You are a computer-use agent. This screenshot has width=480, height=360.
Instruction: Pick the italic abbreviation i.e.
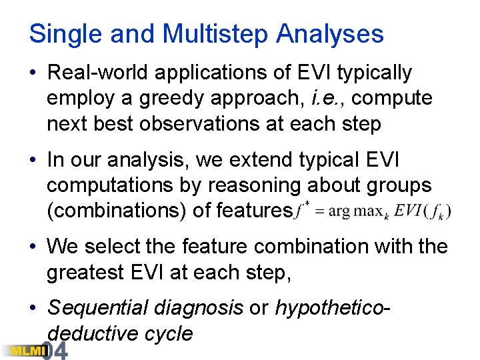(329, 99)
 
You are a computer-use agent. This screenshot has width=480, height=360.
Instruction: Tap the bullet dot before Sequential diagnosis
(34, 308)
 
